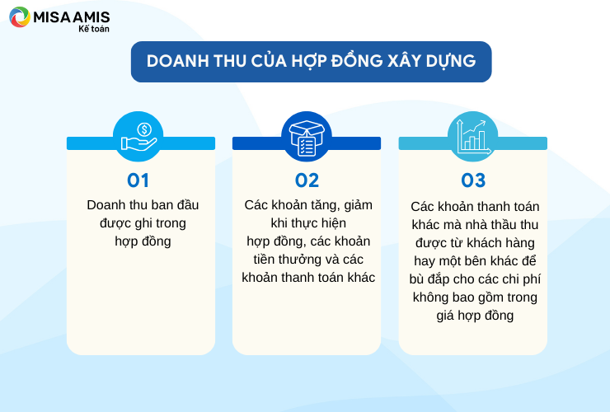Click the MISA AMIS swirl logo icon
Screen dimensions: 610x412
point(20,17)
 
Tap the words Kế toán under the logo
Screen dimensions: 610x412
point(94,28)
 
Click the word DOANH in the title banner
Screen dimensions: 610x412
point(178,61)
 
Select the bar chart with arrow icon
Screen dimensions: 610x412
point(473,136)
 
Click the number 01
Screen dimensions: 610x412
point(138,180)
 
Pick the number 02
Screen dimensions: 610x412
point(307,180)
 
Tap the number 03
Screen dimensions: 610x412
point(473,180)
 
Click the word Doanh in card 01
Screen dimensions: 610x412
point(106,205)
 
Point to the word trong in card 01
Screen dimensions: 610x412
point(171,223)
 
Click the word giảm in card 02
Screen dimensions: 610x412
point(358,205)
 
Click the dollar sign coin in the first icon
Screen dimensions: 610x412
point(144,129)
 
